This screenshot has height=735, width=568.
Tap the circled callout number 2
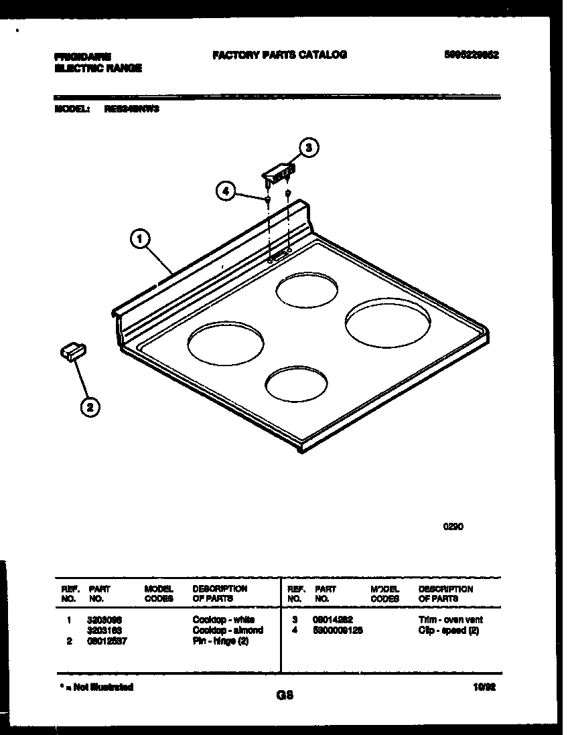point(90,406)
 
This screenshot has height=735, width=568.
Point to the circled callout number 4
point(226,191)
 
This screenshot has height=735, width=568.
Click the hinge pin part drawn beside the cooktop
point(72,351)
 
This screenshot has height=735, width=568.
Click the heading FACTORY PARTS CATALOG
point(279,55)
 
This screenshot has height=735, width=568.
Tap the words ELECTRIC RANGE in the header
point(98,68)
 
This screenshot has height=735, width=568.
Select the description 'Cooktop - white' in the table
point(224,620)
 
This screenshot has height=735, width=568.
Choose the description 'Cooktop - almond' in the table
point(228,630)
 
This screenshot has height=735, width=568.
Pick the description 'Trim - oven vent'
point(450,620)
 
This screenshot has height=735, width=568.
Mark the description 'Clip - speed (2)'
point(448,630)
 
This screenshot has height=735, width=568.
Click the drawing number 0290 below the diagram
point(453,526)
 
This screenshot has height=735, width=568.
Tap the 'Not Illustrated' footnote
point(95,687)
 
